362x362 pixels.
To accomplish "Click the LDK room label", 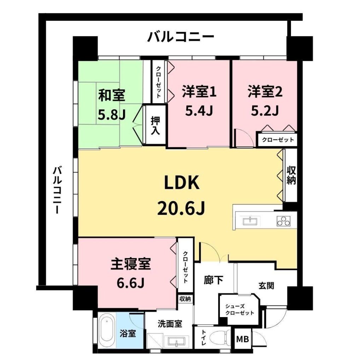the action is point(181,182).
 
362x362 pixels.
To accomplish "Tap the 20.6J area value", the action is point(181,208).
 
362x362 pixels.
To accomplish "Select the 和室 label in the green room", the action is point(112,95).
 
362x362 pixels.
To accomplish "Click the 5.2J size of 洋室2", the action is point(265,111).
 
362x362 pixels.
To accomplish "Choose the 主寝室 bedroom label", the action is point(131,264).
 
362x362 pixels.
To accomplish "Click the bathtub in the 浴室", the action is point(107,331).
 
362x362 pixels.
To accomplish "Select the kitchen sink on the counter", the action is point(250,221).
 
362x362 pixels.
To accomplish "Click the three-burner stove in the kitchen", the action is point(284,221).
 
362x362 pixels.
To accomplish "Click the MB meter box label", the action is point(243,339).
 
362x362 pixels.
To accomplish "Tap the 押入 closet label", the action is point(156,125).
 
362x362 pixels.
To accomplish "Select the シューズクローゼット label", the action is point(239,310).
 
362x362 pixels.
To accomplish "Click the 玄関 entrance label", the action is point(266,286).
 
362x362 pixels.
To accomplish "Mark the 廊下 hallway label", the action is point(213,280).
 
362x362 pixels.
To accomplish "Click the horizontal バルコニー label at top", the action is point(181,37).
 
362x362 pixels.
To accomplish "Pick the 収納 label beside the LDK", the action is point(291,176).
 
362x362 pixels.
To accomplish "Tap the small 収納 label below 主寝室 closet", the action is point(185,299).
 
